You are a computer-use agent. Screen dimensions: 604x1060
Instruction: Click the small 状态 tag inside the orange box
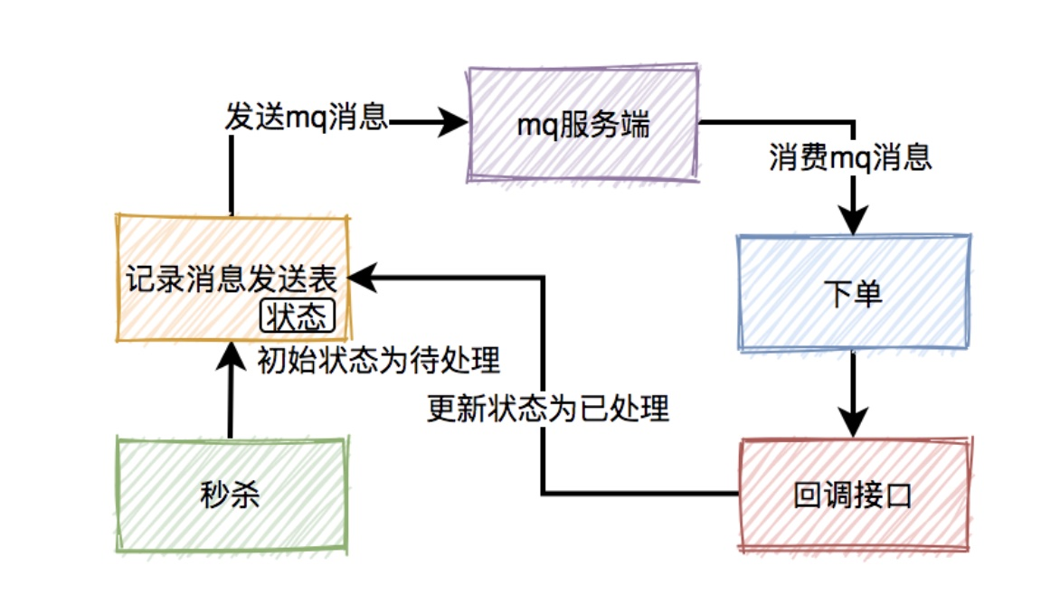(297, 316)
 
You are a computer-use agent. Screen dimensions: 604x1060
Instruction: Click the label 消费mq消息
(851, 159)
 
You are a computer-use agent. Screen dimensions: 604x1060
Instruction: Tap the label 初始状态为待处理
(379, 362)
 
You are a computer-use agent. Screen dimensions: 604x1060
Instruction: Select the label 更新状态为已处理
(548, 410)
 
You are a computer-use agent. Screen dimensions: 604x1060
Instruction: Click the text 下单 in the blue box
(854, 293)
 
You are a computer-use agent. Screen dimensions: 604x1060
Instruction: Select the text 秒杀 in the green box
(231, 495)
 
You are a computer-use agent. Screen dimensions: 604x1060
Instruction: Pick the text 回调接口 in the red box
(852, 495)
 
